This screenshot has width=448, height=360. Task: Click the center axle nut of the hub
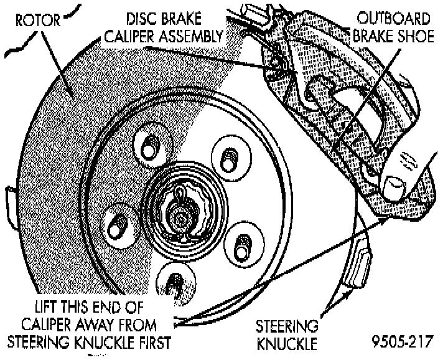tap(180, 217)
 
